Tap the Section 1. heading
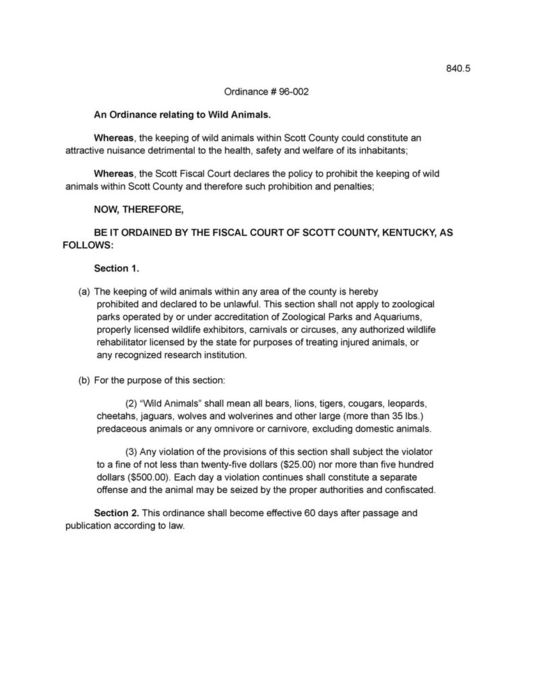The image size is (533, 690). click(x=116, y=268)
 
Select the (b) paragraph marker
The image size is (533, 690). click(x=85, y=380)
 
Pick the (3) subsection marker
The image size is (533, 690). click(x=133, y=450)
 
